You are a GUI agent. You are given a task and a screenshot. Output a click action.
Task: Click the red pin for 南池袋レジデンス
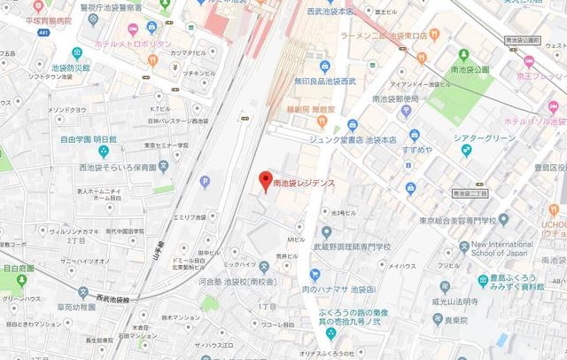coord(263,182)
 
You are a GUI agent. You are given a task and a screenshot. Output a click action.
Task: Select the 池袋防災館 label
coord(71,67)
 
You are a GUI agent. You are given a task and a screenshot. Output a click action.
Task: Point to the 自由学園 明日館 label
coord(89,139)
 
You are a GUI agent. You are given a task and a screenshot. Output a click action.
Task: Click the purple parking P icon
coord(206,182)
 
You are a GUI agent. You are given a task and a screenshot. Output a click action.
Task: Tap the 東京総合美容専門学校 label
coord(458,220)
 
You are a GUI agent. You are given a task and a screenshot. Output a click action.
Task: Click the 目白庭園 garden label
coord(19,267)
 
